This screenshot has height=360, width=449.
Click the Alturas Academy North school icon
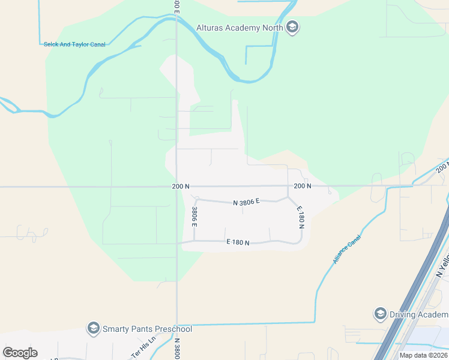click(292, 28)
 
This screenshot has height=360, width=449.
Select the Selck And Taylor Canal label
click(74, 44)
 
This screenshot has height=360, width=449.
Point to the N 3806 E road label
click(246, 202)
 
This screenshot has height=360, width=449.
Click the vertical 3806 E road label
click(194, 216)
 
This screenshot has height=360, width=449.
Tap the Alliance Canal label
click(345, 249)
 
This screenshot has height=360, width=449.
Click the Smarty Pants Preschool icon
click(93, 328)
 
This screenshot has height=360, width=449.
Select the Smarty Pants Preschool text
click(147, 329)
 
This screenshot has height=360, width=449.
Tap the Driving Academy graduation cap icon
click(379, 314)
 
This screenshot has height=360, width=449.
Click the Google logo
click(20, 353)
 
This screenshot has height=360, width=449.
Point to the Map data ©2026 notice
click(423, 355)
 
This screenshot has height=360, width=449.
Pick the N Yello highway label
click(442, 266)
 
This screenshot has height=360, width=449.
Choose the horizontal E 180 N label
click(237, 242)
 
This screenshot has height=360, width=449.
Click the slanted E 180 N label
click(301, 218)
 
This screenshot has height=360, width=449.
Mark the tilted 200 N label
click(442, 169)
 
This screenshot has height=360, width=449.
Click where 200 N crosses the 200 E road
click(176, 187)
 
